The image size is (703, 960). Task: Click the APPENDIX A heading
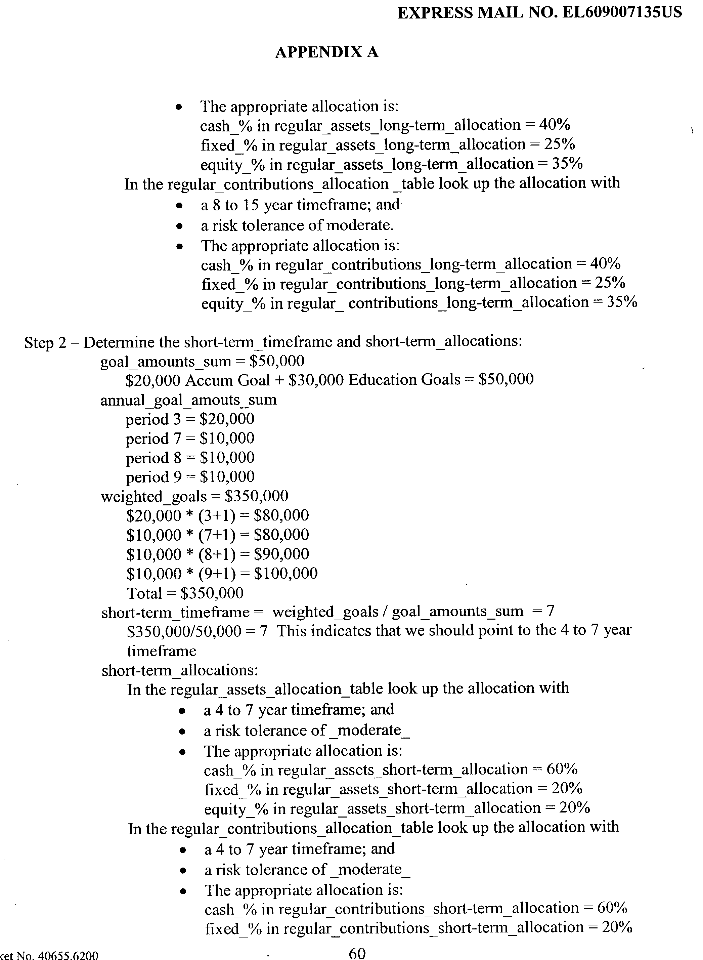(326, 52)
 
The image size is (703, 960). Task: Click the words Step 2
(45, 342)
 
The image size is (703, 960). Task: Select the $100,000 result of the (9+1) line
(285, 574)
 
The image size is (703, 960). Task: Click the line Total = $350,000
(185, 593)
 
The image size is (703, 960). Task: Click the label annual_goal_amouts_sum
(188, 400)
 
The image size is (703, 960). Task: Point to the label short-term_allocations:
(180, 670)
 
